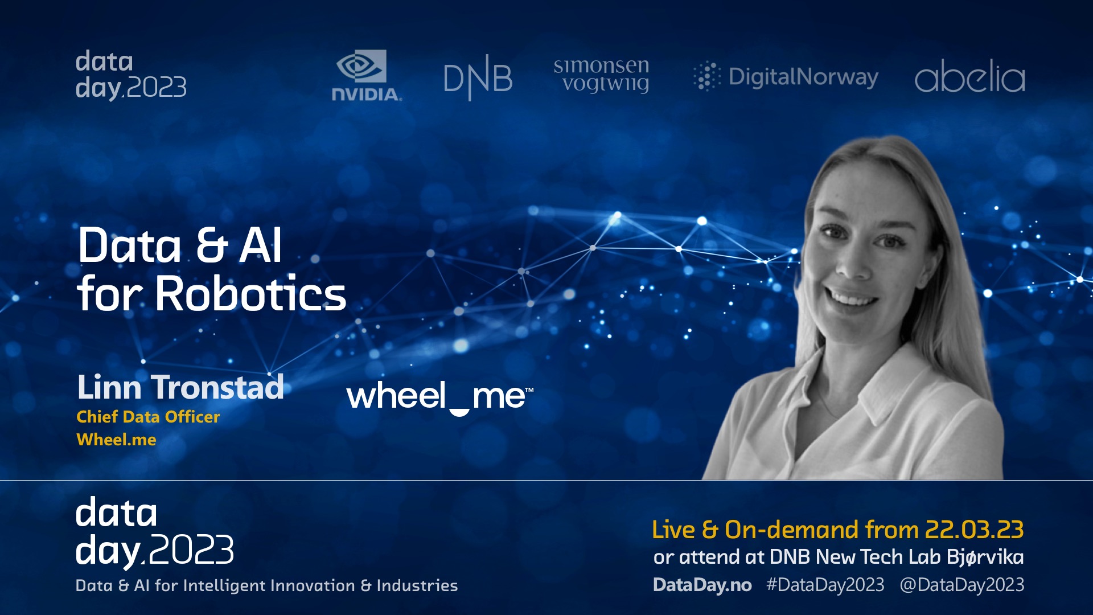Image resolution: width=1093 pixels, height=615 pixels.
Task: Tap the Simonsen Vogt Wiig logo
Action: (601, 75)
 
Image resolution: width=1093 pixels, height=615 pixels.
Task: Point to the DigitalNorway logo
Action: (786, 77)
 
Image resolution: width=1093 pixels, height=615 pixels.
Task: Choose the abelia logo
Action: (969, 76)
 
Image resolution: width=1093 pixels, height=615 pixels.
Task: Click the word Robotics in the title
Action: (250, 294)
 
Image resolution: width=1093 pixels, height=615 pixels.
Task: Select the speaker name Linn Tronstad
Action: (180, 387)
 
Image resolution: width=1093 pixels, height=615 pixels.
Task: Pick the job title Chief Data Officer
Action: (148, 417)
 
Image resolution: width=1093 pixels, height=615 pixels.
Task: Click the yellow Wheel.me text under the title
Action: (116, 440)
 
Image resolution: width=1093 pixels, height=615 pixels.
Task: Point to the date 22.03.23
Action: (974, 530)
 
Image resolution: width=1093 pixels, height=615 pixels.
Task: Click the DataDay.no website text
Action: (702, 585)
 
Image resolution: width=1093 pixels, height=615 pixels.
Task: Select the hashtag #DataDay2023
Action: (825, 585)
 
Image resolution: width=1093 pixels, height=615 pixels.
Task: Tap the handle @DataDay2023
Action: (961, 585)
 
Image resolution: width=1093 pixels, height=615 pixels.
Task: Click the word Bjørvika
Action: (985, 557)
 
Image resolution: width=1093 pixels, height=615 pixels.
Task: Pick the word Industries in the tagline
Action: (417, 585)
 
